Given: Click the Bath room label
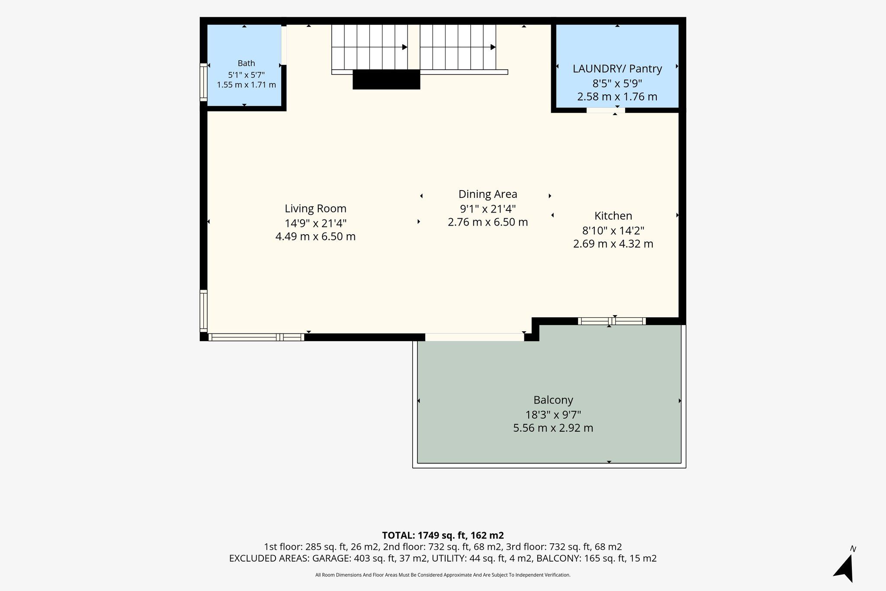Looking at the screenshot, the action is point(246,63).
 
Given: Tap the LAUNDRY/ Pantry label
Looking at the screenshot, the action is point(617,68).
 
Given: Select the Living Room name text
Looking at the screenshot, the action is point(315,209).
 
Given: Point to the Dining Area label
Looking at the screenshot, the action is point(488,194).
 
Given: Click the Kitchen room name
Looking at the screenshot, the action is point(613,216).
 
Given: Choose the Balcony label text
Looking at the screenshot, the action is point(553,400).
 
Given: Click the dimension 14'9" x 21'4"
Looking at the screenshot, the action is point(315,223).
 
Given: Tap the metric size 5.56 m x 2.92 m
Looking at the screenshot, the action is point(553,428).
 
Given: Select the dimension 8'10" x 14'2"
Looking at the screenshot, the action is point(613,231).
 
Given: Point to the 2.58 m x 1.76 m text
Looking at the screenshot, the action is point(617,97).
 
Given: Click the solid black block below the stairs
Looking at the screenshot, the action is point(386,80).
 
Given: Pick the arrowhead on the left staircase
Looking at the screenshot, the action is point(405,47).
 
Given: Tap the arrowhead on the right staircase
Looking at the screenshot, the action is point(493,47).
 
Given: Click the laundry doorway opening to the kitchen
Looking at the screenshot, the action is point(606,110).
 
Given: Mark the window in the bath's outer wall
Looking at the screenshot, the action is point(203,82).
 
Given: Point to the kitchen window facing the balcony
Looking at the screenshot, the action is point(612,321).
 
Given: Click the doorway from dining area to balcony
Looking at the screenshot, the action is point(475,337).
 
